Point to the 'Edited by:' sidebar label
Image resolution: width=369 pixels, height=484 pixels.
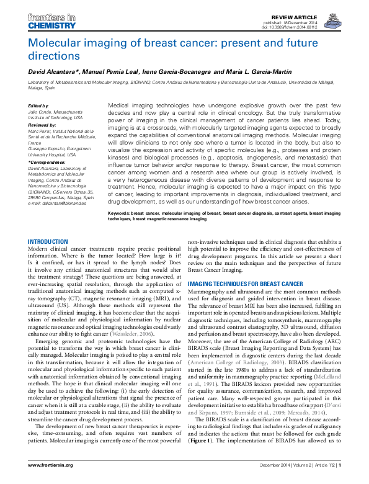tap(38, 106)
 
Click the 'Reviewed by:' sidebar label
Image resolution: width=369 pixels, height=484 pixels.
tap(42, 125)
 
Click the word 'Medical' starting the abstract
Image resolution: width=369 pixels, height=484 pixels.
tap(120, 107)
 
